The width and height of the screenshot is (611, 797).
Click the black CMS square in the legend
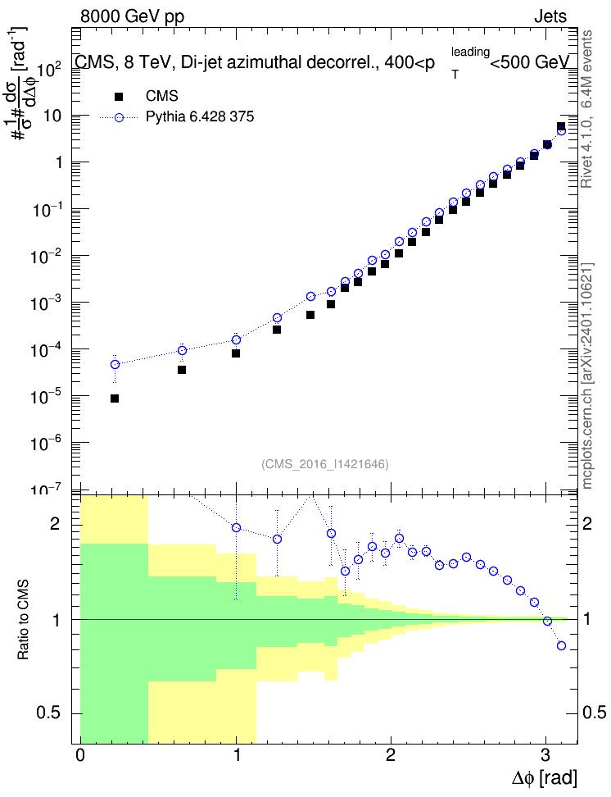(x=119, y=97)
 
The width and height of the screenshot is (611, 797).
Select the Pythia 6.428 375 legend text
(x=200, y=117)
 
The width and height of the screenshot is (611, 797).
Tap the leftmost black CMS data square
(x=115, y=398)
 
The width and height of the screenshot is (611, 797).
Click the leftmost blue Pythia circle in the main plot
(x=115, y=364)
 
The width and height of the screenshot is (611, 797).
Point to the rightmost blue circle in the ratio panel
(x=561, y=645)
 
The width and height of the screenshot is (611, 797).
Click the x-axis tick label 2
(x=390, y=755)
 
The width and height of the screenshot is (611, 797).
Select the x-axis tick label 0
(x=80, y=755)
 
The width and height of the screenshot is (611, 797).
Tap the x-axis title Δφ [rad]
(x=544, y=778)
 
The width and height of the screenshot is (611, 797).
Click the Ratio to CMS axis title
(x=23, y=620)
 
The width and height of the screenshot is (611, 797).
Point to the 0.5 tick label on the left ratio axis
(x=48, y=713)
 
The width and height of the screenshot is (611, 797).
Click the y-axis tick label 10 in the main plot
(x=52, y=116)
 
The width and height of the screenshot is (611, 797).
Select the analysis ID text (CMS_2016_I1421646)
(x=325, y=463)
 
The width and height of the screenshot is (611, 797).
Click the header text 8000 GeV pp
(x=132, y=16)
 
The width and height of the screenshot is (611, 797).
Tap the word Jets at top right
(x=550, y=16)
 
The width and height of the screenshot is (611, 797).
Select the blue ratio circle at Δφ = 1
(x=236, y=527)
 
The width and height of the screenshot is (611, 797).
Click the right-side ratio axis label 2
(x=586, y=523)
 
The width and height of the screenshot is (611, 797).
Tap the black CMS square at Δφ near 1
(x=236, y=353)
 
